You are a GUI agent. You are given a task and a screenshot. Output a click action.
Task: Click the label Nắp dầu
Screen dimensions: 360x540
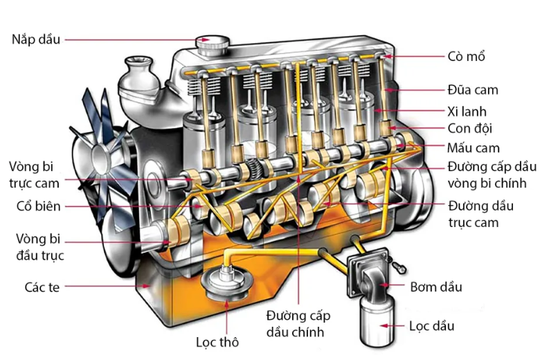tap(35, 39)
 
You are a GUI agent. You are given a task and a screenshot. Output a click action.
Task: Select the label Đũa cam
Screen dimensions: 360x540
tap(472, 89)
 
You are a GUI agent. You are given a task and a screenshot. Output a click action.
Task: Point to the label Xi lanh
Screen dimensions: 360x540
tap(467, 111)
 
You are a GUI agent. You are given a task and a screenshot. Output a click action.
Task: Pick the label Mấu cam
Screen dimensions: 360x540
tap(474, 147)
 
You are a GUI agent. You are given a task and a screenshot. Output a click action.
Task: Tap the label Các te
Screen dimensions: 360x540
tap(42, 286)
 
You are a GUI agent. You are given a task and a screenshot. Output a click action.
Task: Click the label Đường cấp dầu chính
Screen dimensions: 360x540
tap(298, 324)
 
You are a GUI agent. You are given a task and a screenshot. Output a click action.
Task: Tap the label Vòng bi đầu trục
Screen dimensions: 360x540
tap(34, 246)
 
